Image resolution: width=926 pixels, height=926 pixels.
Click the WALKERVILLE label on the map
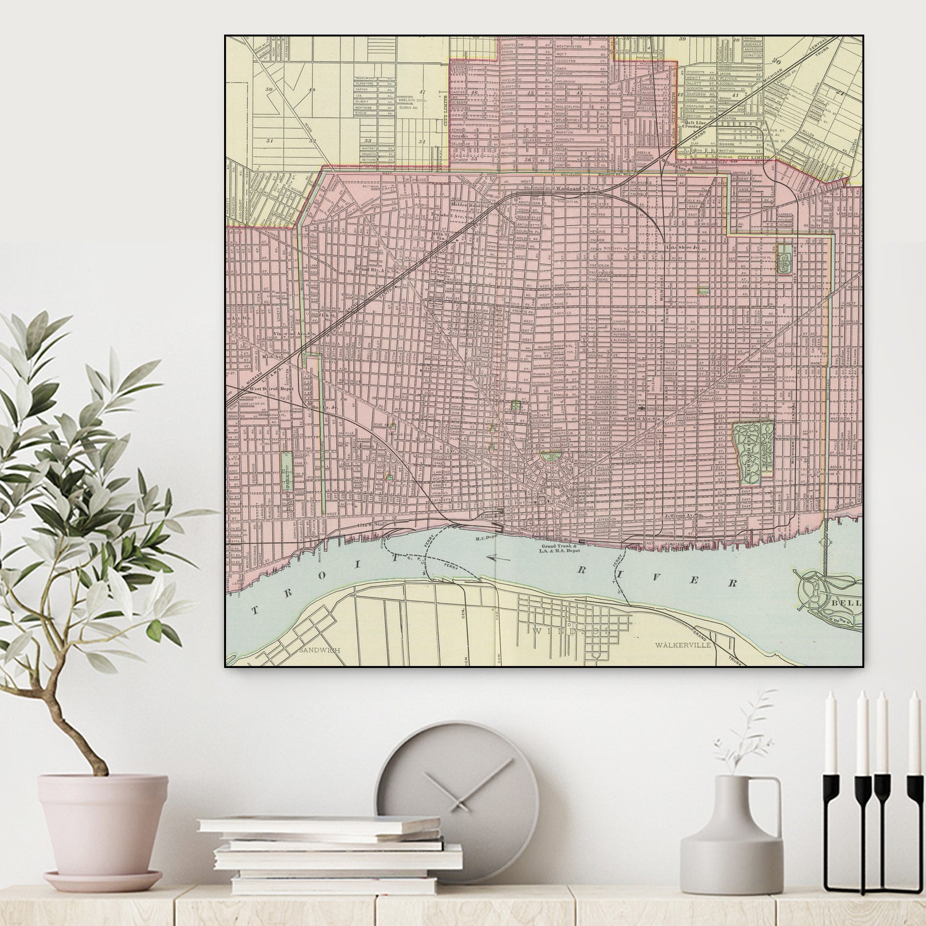(x=683, y=644)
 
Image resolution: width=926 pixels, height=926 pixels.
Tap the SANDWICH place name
(x=319, y=650)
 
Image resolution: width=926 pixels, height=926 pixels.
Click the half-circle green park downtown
(x=548, y=457)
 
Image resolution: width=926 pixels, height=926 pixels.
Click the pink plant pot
(x=102, y=827)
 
